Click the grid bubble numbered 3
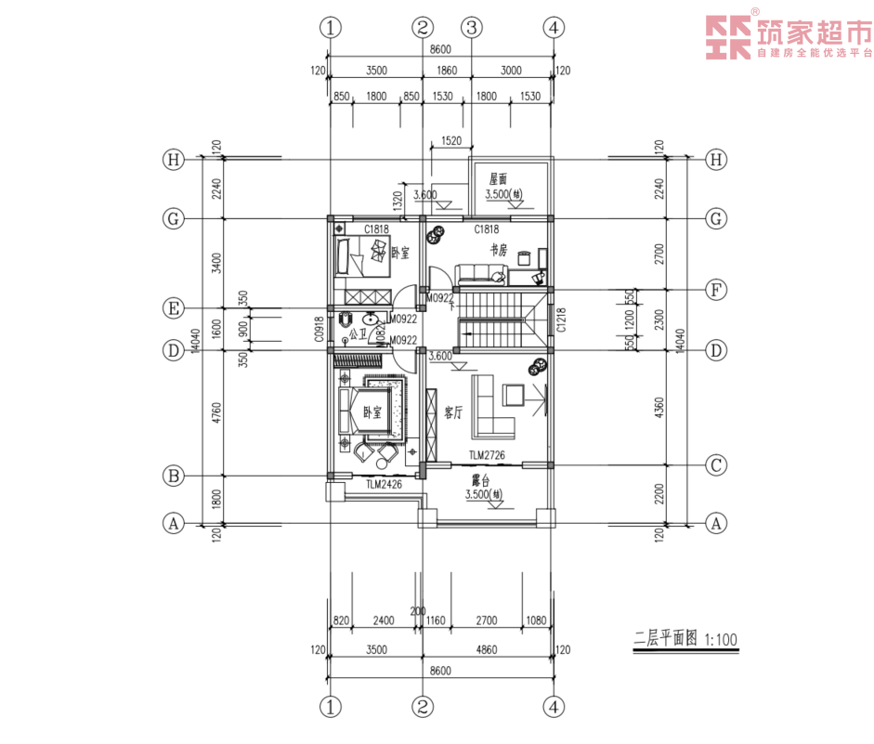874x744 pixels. pos(471,27)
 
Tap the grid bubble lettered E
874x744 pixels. pos(172,307)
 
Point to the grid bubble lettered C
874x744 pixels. pos(715,463)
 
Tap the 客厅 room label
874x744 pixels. pos(453,412)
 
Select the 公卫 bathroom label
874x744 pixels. pos(359,329)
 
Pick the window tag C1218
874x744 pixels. pos(561,320)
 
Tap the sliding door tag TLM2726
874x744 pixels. pos(487,455)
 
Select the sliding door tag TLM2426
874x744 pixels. pos(383,484)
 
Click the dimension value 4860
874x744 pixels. pos(487,650)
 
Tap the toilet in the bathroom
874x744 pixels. pos(346,322)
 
